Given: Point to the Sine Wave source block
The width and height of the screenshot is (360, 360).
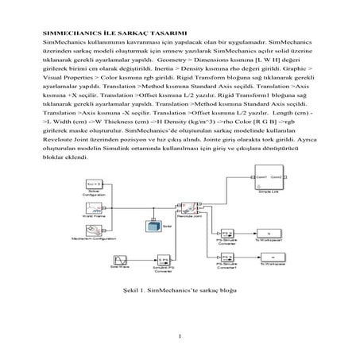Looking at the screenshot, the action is (x=118, y=260).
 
